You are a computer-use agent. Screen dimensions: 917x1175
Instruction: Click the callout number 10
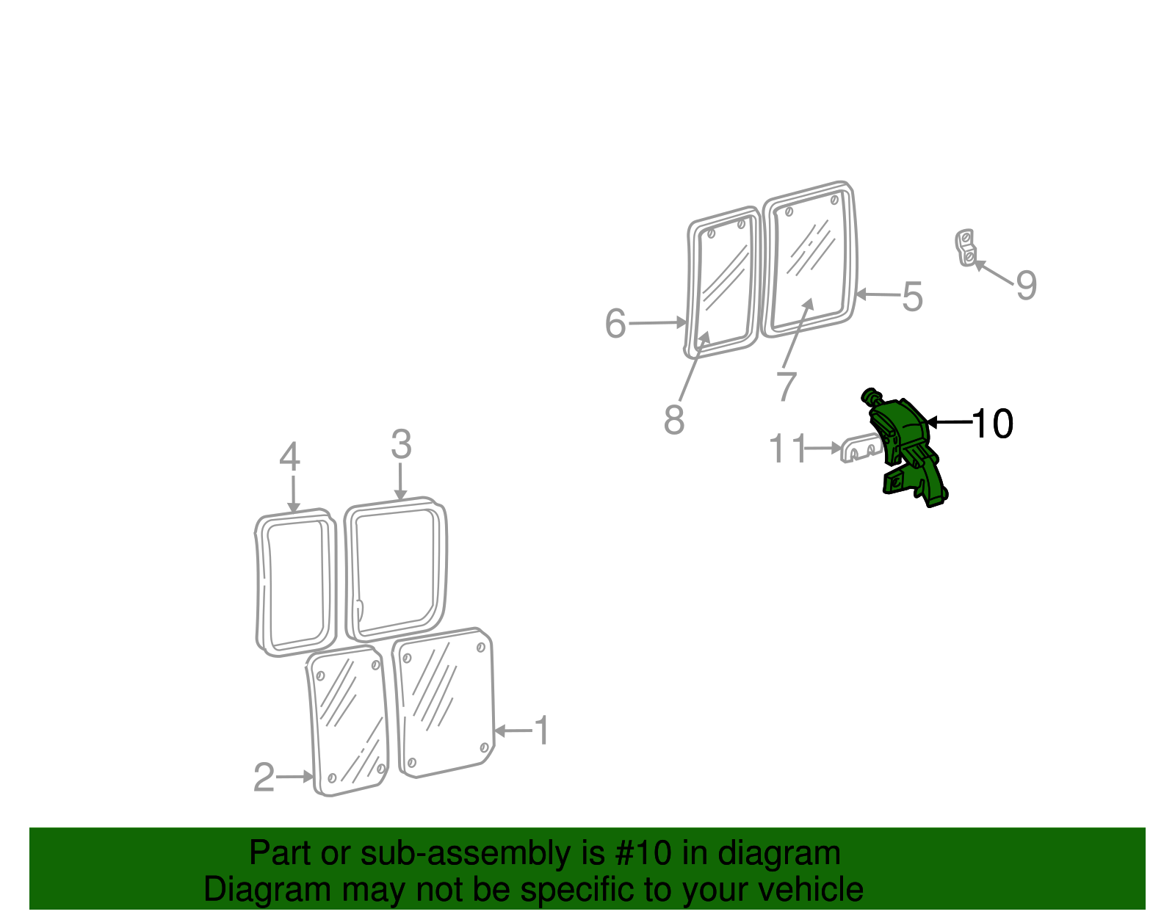pyautogui.click(x=992, y=424)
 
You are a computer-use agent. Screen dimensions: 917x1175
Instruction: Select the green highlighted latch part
pyautogui.click(x=905, y=448)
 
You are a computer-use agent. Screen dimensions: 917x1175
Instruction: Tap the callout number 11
pyautogui.click(x=787, y=449)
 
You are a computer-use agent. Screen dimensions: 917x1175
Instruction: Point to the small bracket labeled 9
pyautogui.click(x=966, y=247)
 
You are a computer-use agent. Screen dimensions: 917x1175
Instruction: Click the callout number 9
pyautogui.click(x=1026, y=285)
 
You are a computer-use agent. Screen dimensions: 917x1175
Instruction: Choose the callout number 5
pyautogui.click(x=912, y=297)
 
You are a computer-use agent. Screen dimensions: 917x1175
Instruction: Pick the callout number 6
pyautogui.click(x=615, y=324)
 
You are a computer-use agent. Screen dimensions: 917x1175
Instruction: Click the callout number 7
pyautogui.click(x=786, y=386)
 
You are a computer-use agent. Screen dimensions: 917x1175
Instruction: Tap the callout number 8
pyautogui.click(x=673, y=420)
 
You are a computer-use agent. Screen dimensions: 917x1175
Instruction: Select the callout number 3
pyautogui.click(x=401, y=445)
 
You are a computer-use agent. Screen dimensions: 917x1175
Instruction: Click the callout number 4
pyautogui.click(x=290, y=457)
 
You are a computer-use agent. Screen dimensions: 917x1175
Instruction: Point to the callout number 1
pyautogui.click(x=542, y=731)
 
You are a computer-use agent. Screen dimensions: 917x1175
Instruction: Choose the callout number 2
pyautogui.click(x=264, y=778)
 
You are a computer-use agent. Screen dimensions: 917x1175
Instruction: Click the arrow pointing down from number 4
pyautogui.click(x=293, y=493)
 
